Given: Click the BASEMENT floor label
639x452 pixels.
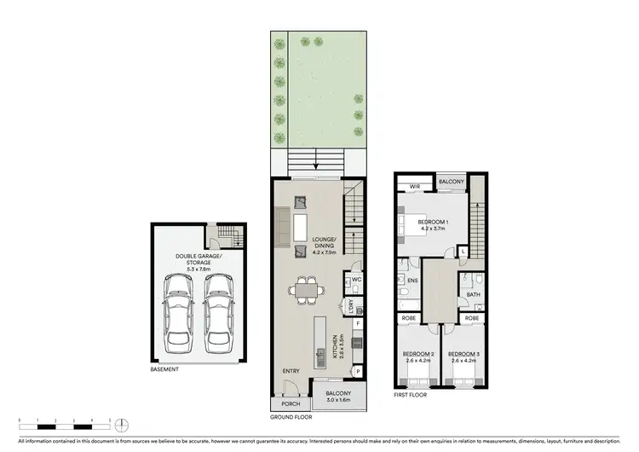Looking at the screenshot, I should pyautogui.click(x=165, y=369).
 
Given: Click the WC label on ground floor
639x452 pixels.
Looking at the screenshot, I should pyautogui.click(x=358, y=278).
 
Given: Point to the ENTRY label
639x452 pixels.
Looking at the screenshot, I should pyautogui.click(x=292, y=371).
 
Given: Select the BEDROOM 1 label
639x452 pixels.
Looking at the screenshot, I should pyautogui.click(x=433, y=225).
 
